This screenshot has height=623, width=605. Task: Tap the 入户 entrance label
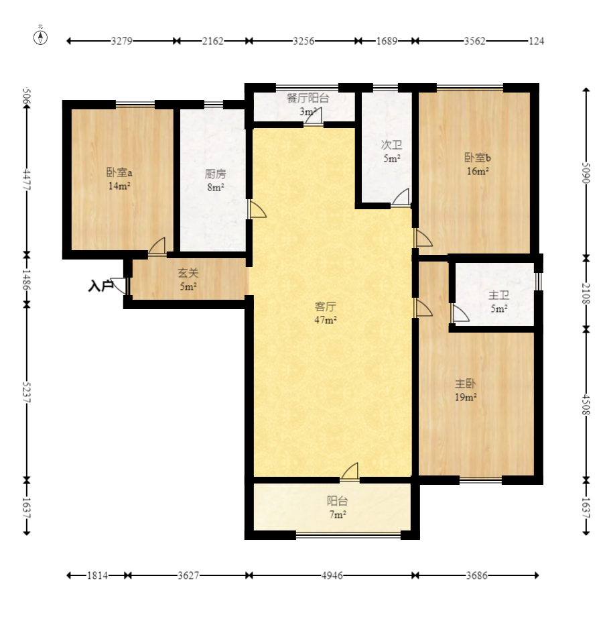tap(100, 286)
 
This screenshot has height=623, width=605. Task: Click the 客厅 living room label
tap(326, 306)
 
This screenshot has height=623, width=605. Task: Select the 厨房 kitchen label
tap(216, 174)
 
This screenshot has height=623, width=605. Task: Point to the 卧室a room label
tap(119, 172)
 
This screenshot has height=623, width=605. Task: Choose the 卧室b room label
tap(478, 158)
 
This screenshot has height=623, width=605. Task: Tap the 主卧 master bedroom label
tap(465, 384)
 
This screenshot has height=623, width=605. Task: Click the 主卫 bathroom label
tap(499, 295)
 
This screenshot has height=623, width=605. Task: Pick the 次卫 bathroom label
tap(392, 145)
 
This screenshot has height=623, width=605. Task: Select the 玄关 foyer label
tap(188, 273)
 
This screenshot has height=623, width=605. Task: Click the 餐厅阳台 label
tap(308, 98)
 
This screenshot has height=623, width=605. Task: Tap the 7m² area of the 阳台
tap(338, 514)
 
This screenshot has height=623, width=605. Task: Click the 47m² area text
tap(326, 320)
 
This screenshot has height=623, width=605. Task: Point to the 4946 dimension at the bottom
tap(332, 575)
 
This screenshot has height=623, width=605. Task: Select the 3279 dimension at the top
tap(121, 41)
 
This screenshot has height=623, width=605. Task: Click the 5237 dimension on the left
tap(27, 392)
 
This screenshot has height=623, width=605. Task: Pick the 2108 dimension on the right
tap(586, 294)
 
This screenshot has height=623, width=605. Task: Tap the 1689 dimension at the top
tap(387, 41)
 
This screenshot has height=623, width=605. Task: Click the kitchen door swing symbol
tap(257, 209)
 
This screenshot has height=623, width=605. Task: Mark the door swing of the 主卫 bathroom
tap(460, 313)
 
